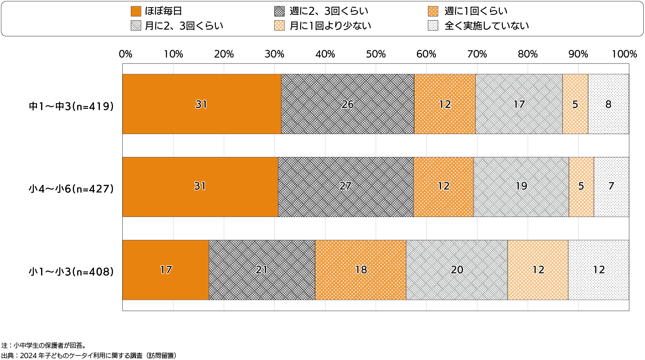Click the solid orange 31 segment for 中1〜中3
201,104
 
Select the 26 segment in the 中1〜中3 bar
347,104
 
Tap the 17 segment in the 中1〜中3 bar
519,104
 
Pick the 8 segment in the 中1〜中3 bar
608,104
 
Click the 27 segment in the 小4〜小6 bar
345,187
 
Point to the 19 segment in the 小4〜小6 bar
521,187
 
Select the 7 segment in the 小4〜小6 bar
611,187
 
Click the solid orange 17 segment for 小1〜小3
165,270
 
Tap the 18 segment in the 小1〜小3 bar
361,270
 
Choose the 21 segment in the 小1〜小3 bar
262,270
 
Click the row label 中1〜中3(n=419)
72,106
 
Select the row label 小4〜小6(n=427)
72,189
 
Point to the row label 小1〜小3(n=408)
72,272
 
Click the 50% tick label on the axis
376,54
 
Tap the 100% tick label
624,54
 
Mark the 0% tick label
126,54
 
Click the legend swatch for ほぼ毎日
136,11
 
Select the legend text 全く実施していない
487,26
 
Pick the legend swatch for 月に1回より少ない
279,26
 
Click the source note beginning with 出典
89,355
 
